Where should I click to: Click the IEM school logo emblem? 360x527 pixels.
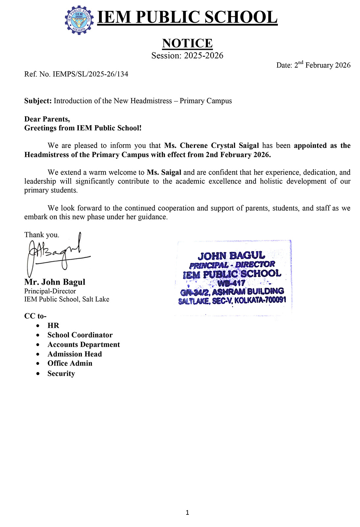pos(79,20)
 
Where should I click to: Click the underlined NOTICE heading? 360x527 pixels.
pos(187,43)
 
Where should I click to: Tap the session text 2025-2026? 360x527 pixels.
pos(203,55)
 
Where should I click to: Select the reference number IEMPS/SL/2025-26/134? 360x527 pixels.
pos(90,74)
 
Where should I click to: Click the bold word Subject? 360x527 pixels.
pos(38,101)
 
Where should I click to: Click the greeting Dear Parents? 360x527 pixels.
pos(47,119)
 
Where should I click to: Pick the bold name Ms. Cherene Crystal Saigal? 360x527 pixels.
pos(211,146)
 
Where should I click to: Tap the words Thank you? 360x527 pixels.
pos(42,235)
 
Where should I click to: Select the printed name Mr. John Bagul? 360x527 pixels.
pos(55,282)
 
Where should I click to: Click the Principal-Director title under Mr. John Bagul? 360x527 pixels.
pos(50,291)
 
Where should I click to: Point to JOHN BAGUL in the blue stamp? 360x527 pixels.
pos(231,256)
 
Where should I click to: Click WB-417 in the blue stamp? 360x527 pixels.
pos(231,283)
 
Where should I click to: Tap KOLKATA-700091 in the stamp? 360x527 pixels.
pos(260,300)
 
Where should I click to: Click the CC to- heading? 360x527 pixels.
pos(35,316)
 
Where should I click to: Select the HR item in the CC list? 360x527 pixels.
pos(53,326)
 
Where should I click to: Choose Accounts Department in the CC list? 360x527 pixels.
pos(84,344)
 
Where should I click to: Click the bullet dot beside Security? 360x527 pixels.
pos(39,373)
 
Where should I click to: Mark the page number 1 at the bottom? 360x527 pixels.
pos(187,512)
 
